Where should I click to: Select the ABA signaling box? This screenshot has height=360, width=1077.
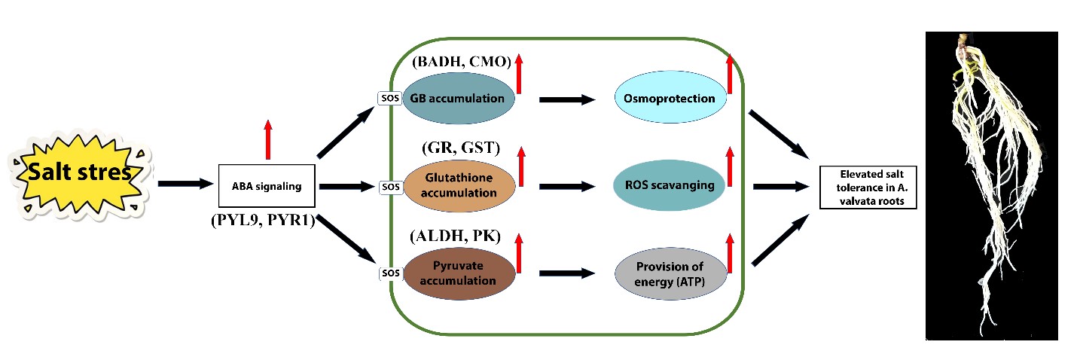pyautogui.click(x=267, y=185)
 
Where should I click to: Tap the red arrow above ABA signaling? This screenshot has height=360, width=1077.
pyautogui.click(x=267, y=139)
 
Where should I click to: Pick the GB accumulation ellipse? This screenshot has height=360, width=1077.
pyautogui.click(x=459, y=98)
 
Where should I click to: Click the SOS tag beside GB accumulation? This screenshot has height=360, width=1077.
pyautogui.click(x=388, y=98)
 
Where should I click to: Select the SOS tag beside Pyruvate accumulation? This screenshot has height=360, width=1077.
pyautogui.click(x=388, y=273)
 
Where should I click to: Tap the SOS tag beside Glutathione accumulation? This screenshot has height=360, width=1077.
pyautogui.click(x=388, y=186)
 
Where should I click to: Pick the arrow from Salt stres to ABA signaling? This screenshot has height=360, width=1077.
pyautogui.click(x=185, y=183)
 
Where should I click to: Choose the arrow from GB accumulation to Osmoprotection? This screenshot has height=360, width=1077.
pyautogui.click(x=565, y=99)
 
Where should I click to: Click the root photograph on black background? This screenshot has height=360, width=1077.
pyautogui.click(x=991, y=185)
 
